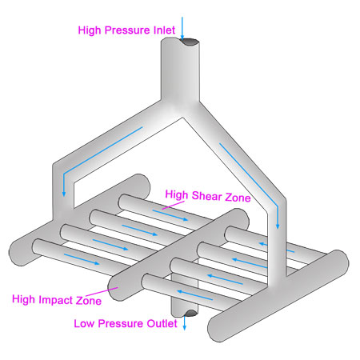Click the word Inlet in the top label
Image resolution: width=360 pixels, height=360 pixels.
(x=164, y=30)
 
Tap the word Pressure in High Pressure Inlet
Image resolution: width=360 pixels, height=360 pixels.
(x=127, y=30)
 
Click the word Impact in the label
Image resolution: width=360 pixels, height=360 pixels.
(x=56, y=300)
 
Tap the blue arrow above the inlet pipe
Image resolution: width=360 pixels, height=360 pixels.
(x=182, y=29)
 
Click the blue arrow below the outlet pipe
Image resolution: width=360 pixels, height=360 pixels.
(x=184, y=323)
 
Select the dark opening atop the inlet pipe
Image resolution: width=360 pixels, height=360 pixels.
(x=189, y=42)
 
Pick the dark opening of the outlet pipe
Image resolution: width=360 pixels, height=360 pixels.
(x=190, y=313)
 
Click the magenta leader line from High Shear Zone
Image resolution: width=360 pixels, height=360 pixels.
(x=173, y=206)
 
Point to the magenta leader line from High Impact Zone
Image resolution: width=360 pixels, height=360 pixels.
(x=102, y=292)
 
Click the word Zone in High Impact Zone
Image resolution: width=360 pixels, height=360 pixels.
(x=89, y=301)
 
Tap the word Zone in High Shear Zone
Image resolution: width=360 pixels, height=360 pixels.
(x=238, y=198)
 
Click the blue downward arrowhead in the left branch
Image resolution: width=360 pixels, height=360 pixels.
(x=64, y=194)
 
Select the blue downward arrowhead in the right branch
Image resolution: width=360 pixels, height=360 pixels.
(x=278, y=226)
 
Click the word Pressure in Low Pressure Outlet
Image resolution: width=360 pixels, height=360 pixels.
(x=121, y=323)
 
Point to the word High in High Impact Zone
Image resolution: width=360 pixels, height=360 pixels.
(x=23, y=299)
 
